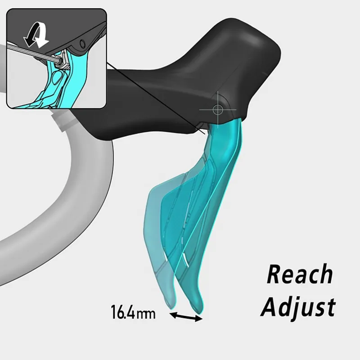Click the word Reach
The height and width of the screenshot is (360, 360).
click(300, 274)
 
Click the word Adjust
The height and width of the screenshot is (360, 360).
click(298, 306)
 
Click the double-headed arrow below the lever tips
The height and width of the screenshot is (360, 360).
click(186, 317)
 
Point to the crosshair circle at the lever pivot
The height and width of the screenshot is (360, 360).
click(218, 109)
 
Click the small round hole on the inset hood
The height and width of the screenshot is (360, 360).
click(82, 44)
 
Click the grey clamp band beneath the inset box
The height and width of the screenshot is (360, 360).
click(66, 120)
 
